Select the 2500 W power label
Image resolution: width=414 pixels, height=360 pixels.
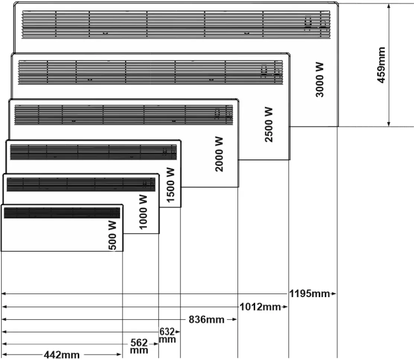pyautogui.click(x=269, y=124)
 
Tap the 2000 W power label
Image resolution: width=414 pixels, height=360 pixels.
pyautogui.click(x=219, y=154)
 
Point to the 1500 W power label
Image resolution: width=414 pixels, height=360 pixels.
pyautogui.click(x=170, y=185)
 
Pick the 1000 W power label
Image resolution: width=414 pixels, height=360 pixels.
pyautogui.click(x=143, y=211)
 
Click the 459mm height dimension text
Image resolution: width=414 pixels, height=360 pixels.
pyautogui.click(x=381, y=65)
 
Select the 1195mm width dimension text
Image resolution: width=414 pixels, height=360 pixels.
pyautogui.click(x=310, y=294)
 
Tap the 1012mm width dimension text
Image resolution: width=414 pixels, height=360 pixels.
pyautogui.click(x=260, y=307)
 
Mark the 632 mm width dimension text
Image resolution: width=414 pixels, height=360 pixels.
pyautogui.click(x=167, y=335)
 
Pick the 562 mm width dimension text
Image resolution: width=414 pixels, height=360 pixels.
pyautogui.click(x=139, y=346)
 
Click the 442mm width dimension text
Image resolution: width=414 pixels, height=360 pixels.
pyautogui.click(x=61, y=355)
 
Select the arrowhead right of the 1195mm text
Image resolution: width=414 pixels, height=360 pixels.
pyautogui.click(x=334, y=294)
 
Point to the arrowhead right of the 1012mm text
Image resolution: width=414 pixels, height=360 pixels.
pyautogui.click(x=285, y=307)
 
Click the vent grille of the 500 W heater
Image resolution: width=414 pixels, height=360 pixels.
pyautogui.click(x=61, y=213)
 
